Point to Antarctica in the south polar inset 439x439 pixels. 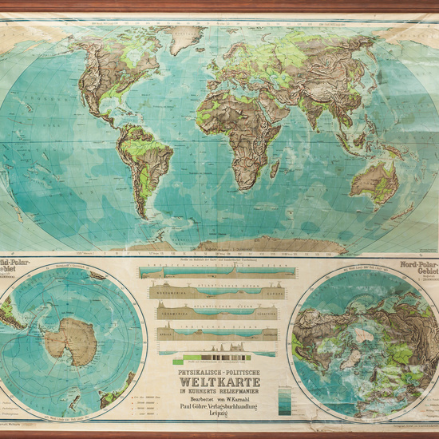point(70,339)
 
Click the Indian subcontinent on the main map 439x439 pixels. point(308,112)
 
